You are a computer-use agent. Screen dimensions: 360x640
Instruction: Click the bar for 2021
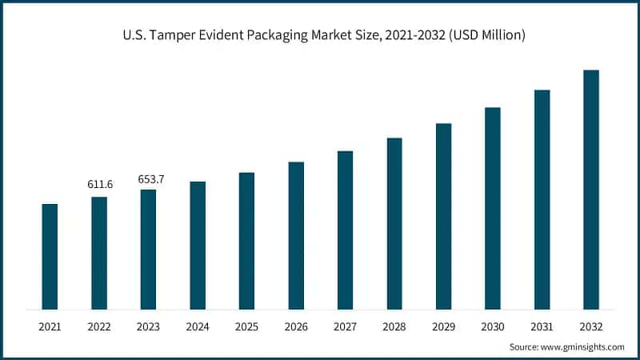pyautogui.click(x=50, y=256)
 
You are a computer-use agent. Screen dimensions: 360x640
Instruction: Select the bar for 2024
pyautogui.click(x=198, y=245)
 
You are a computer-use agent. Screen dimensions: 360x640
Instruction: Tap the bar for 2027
pyautogui.click(x=345, y=230)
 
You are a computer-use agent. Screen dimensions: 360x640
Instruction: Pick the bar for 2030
pyautogui.click(x=493, y=208)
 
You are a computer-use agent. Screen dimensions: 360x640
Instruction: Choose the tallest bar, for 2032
pyautogui.click(x=591, y=189)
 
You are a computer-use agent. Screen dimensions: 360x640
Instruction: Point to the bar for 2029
pyautogui.click(x=443, y=216)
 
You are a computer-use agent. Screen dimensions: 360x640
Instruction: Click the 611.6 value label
pyautogui.click(x=100, y=185)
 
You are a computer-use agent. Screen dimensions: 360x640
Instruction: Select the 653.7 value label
pyautogui.click(x=149, y=178)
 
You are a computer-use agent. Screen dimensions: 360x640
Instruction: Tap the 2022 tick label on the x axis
pyautogui.click(x=99, y=327)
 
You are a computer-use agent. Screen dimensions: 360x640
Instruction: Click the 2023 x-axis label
pyautogui.click(x=148, y=327)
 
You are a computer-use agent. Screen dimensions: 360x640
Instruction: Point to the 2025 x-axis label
pyautogui.click(x=246, y=327)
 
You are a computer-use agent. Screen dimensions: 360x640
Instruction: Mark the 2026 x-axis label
pyautogui.click(x=296, y=327)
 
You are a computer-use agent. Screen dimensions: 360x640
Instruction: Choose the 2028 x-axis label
pyautogui.click(x=394, y=327)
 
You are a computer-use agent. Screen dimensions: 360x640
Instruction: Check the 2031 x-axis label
pyautogui.click(x=542, y=327)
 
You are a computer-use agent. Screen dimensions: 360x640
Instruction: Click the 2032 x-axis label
pyautogui.click(x=591, y=327)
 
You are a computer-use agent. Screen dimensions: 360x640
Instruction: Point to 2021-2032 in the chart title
pyautogui.click(x=411, y=37)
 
